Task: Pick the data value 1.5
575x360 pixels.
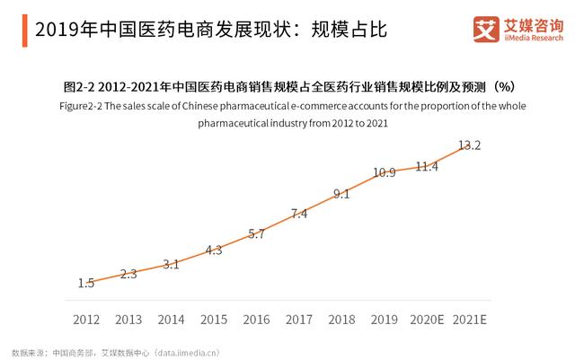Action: point(86,283)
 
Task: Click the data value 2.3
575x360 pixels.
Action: point(128,274)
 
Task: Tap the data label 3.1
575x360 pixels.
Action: point(171,264)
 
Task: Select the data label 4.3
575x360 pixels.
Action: point(214,250)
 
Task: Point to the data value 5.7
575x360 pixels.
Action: point(257,233)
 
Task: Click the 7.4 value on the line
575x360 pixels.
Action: point(299,214)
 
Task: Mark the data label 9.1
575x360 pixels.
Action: point(341,193)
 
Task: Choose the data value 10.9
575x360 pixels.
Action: point(385,172)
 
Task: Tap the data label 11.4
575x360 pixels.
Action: point(427,166)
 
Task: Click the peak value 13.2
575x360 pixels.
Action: point(470,145)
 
